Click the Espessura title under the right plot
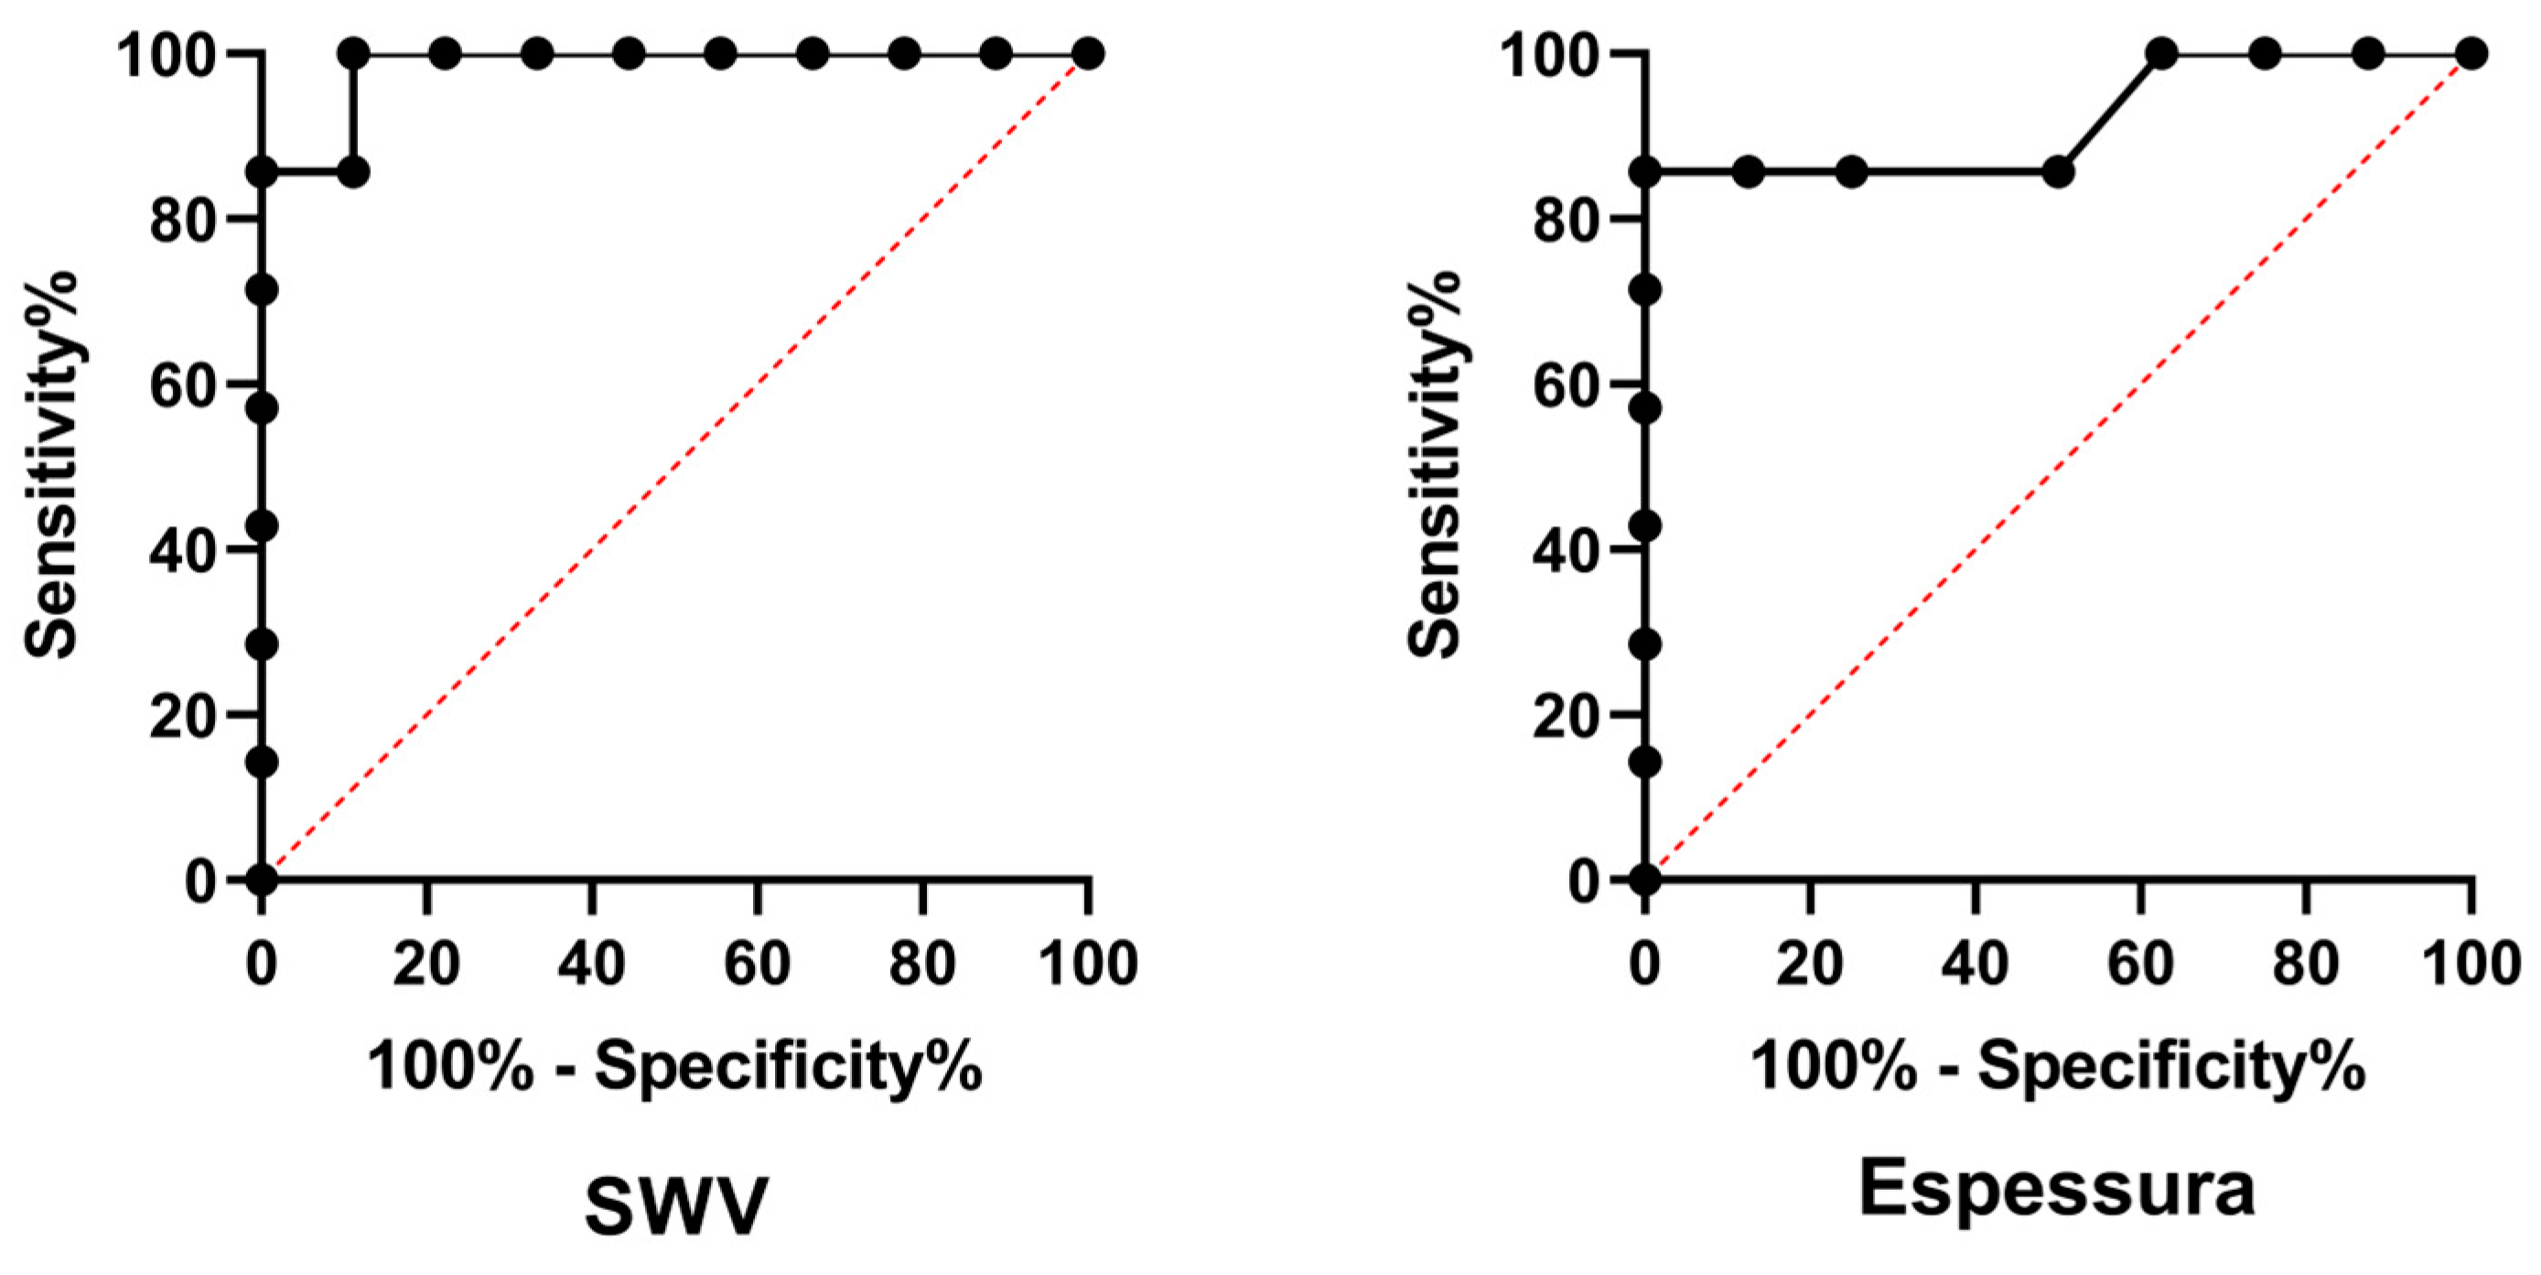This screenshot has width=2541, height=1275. pos(2057,1189)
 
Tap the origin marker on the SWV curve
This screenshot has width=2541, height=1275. pos(262,879)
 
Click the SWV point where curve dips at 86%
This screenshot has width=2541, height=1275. pos(353,172)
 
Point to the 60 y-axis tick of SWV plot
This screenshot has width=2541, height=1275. pos(181,384)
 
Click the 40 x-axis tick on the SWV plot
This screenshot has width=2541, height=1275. pos(592,963)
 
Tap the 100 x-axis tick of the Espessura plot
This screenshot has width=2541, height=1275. pos(2471,963)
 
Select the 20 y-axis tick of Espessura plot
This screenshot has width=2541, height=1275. pos(1565,715)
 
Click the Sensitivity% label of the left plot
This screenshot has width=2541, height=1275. pos(51,464)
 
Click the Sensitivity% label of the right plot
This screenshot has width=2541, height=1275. pos(1433,464)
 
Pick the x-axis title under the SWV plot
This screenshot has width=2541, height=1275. pos(675,1065)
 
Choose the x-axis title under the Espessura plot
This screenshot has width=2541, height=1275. pos(2058,1065)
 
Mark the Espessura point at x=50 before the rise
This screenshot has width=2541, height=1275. pos(2058,172)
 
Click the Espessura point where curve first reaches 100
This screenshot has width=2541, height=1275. pos(2161,53)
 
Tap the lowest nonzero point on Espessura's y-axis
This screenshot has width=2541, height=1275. pos(1644,762)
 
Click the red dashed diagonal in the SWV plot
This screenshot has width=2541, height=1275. pos(674,466)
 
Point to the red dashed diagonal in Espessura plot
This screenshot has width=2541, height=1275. pos(2058,466)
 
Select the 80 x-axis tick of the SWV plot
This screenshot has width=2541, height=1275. pos(922,963)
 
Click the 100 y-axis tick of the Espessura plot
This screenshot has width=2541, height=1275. pos(1549,54)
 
